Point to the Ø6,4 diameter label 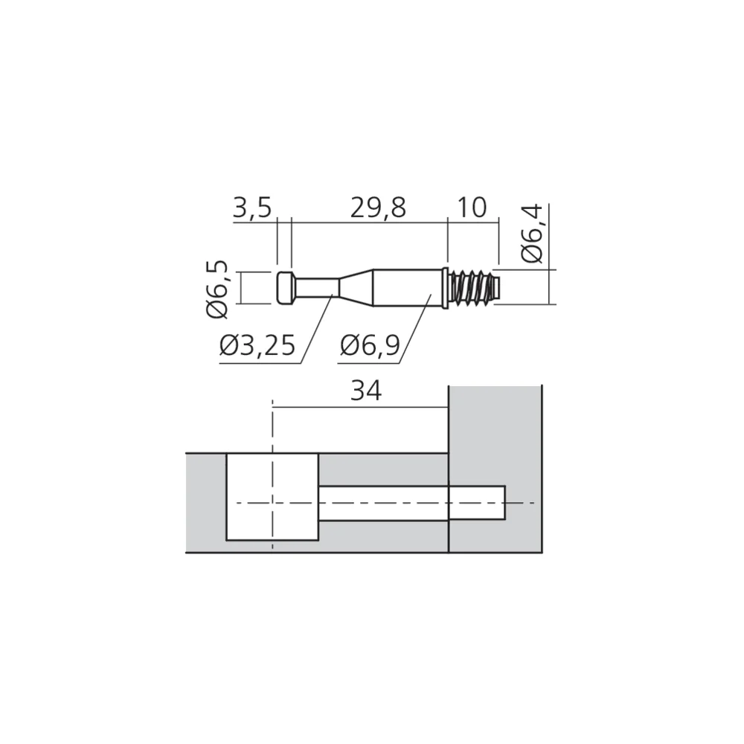pos(532,234)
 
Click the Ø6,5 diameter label pos(218,289)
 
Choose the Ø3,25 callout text pos(257,345)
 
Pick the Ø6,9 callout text pos(370,345)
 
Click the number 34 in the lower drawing pos(366,392)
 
